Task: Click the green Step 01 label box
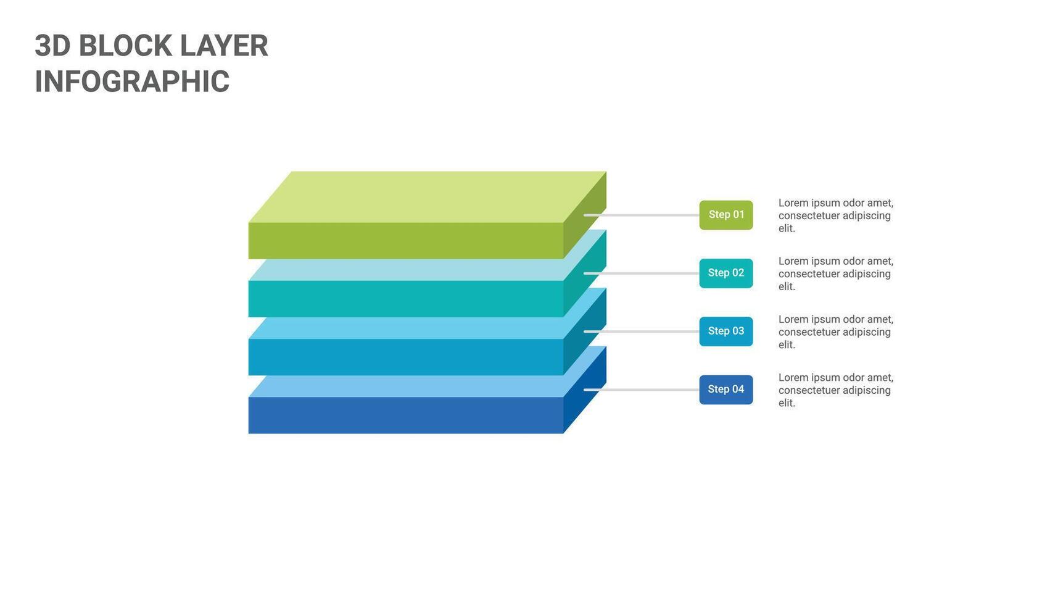coord(725,215)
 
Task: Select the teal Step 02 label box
coord(725,273)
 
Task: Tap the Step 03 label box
coord(725,332)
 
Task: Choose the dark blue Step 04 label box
coord(725,390)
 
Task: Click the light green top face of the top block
coord(426,196)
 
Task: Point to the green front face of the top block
coord(405,241)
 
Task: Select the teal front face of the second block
coord(405,299)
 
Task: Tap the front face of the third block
coord(405,357)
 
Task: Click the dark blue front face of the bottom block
coord(405,415)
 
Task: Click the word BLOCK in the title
coord(125,46)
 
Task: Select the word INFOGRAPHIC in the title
coord(132,82)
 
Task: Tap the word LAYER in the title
coord(224,46)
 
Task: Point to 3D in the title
coord(52,46)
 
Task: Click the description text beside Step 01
coord(835,215)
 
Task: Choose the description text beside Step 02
coord(835,273)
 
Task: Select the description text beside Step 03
coord(835,332)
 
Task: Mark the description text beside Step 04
coord(835,390)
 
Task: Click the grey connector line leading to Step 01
coord(642,215)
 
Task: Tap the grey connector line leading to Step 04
coord(642,390)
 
